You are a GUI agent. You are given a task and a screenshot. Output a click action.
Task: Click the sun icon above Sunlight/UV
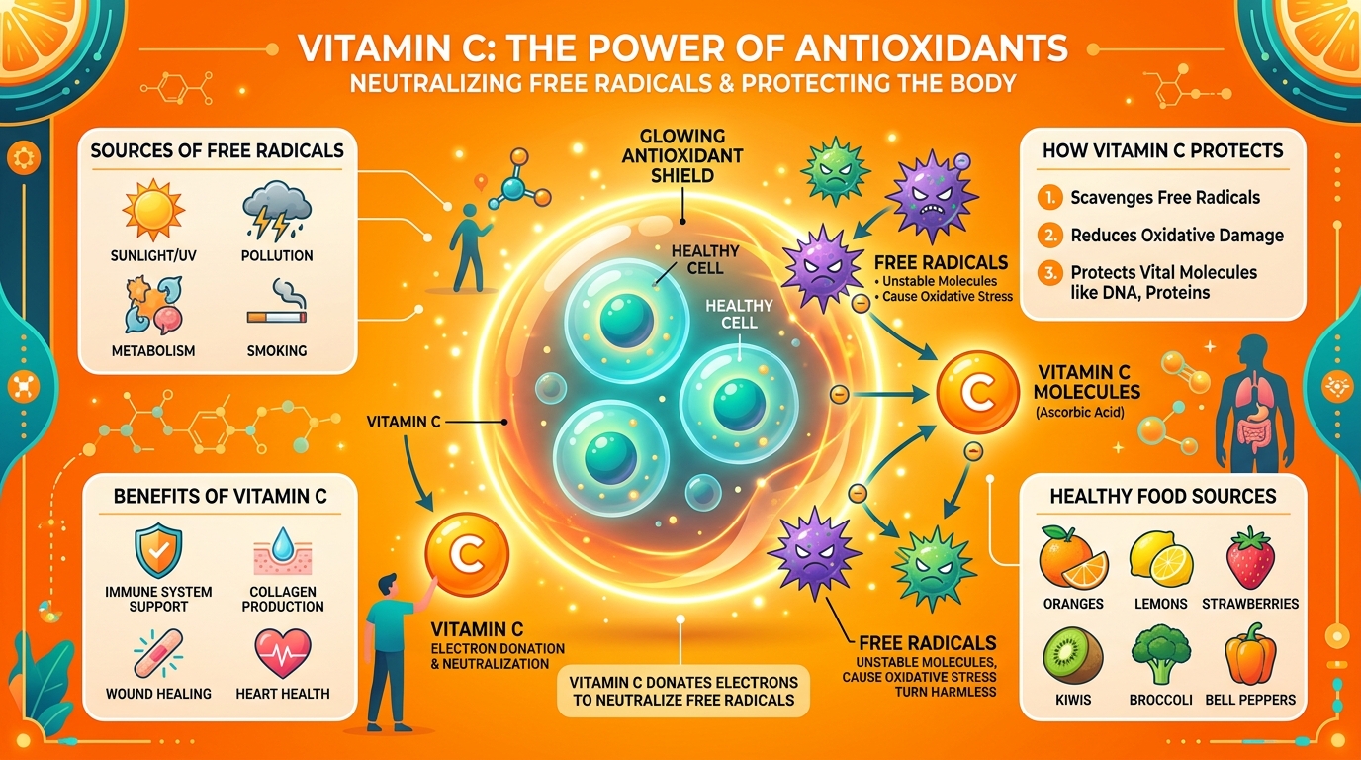tap(153, 210)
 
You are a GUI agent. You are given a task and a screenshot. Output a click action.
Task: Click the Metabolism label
tap(153, 351)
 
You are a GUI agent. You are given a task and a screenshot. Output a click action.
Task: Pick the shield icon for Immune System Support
tap(158, 550)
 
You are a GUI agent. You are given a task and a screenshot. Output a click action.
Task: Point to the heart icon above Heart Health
tap(283, 653)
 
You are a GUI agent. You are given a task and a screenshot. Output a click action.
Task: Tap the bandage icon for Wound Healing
tap(158, 653)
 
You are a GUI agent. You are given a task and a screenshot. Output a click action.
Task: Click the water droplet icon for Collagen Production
tap(283, 544)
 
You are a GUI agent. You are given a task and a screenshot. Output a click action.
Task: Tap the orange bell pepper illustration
tap(1250, 654)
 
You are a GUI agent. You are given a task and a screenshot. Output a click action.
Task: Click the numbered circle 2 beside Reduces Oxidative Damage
tap(1049, 236)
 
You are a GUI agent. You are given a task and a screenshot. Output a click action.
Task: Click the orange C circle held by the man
tap(467, 554)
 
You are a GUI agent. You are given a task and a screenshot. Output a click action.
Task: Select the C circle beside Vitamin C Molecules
tap(977, 393)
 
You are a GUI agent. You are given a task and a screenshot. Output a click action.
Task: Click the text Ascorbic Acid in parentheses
tap(1079, 413)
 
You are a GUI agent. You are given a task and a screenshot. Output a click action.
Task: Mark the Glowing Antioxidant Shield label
tap(682, 156)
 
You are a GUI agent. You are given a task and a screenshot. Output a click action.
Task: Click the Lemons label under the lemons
tap(1160, 604)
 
